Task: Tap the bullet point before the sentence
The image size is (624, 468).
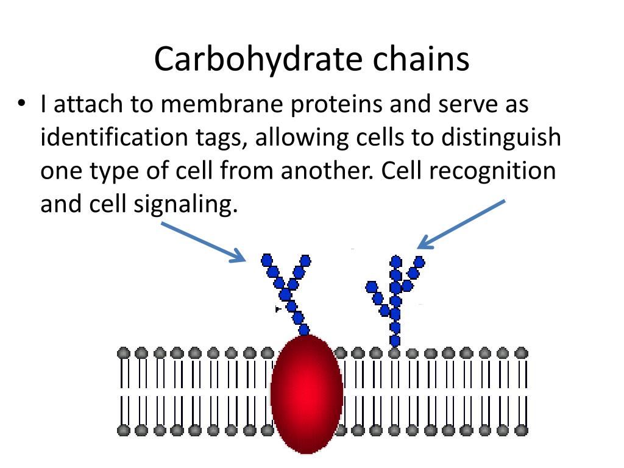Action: [22, 105]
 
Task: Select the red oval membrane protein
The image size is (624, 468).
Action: [307, 393]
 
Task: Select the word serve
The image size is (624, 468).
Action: [459, 105]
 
